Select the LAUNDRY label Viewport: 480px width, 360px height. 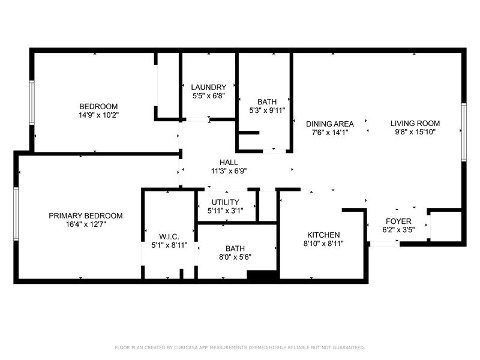click(209, 87)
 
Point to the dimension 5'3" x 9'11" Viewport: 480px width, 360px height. click(267, 110)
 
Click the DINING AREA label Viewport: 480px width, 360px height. click(332, 124)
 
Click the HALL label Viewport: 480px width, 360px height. click(229, 162)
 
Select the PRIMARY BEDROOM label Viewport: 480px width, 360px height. click(86, 215)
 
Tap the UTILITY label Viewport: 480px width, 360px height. click(226, 202)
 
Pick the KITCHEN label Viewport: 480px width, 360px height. click(323, 235)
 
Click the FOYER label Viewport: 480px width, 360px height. click(398, 221)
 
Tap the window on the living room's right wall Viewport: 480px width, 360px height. click(463, 132)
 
